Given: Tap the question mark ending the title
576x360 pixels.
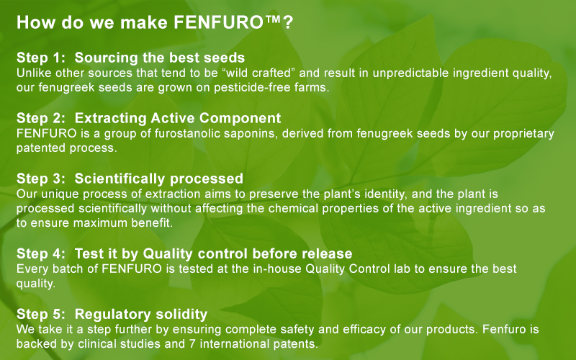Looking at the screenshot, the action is [x=288, y=22].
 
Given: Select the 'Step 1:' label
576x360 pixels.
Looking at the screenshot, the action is [x=41, y=58].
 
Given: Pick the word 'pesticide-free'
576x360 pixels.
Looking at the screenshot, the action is [x=253, y=88].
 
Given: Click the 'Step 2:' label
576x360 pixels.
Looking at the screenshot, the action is [x=41, y=118].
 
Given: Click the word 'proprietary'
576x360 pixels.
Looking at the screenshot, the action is [x=523, y=134].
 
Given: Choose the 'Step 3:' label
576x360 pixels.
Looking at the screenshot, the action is [x=41, y=179].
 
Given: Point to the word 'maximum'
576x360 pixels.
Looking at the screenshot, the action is [x=96, y=223].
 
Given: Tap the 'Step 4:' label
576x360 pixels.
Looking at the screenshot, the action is [x=41, y=254].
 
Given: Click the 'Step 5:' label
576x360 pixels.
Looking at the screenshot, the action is [x=41, y=315].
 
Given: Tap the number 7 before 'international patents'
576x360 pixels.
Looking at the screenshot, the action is [x=192, y=344].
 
